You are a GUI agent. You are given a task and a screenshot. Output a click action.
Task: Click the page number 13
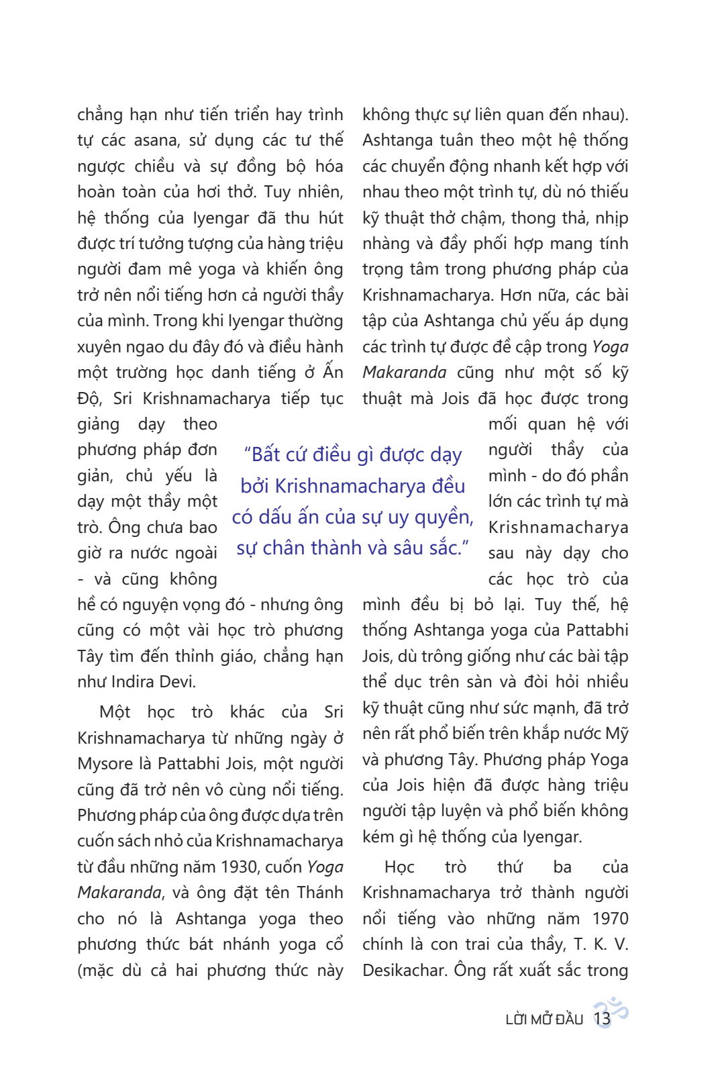(602, 1019)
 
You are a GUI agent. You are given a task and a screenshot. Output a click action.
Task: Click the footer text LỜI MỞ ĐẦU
(544, 1020)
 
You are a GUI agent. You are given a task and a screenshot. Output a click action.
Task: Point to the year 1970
(610, 919)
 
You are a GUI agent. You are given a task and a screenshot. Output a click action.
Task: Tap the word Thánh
(320, 893)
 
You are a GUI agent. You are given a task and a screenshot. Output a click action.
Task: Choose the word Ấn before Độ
(333, 373)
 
